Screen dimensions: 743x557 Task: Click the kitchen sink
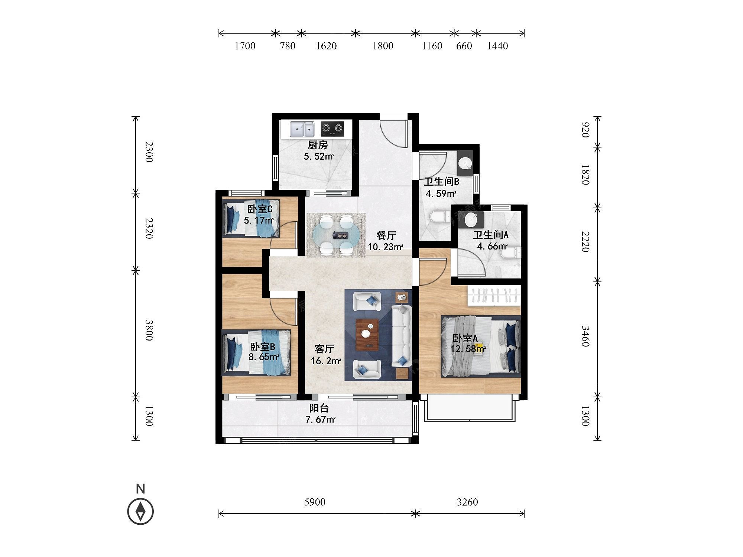click(302, 129)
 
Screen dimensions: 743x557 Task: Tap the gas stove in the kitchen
click(332, 128)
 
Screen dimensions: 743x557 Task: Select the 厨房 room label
click(318, 145)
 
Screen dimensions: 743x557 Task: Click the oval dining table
click(336, 235)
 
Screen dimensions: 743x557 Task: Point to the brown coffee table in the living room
click(367, 335)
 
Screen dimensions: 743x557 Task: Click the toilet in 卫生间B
click(441, 217)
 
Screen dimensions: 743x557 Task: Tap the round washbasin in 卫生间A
click(471, 220)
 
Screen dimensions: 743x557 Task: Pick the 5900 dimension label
click(315, 502)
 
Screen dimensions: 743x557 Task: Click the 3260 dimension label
click(467, 502)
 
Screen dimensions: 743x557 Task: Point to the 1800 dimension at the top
click(383, 46)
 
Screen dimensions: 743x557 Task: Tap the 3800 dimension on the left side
click(149, 330)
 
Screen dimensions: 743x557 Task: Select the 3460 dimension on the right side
click(585, 336)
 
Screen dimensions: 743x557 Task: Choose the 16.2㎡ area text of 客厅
click(326, 361)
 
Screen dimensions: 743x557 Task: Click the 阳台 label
click(319, 408)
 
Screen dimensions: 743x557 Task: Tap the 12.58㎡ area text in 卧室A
click(468, 349)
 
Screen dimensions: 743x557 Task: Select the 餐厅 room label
click(386, 235)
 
